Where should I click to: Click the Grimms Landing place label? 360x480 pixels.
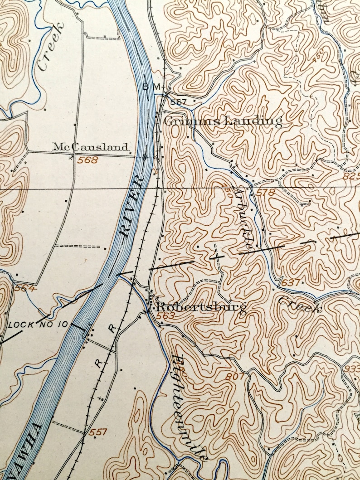pyautogui.click(x=222, y=121)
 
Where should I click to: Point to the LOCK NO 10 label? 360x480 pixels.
pyautogui.click(x=38, y=325)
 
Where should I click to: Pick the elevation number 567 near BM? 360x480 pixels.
pyautogui.click(x=179, y=102)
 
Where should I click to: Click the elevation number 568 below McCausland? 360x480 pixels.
pyautogui.click(x=88, y=160)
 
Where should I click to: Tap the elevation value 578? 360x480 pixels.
pyautogui.click(x=265, y=193)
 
